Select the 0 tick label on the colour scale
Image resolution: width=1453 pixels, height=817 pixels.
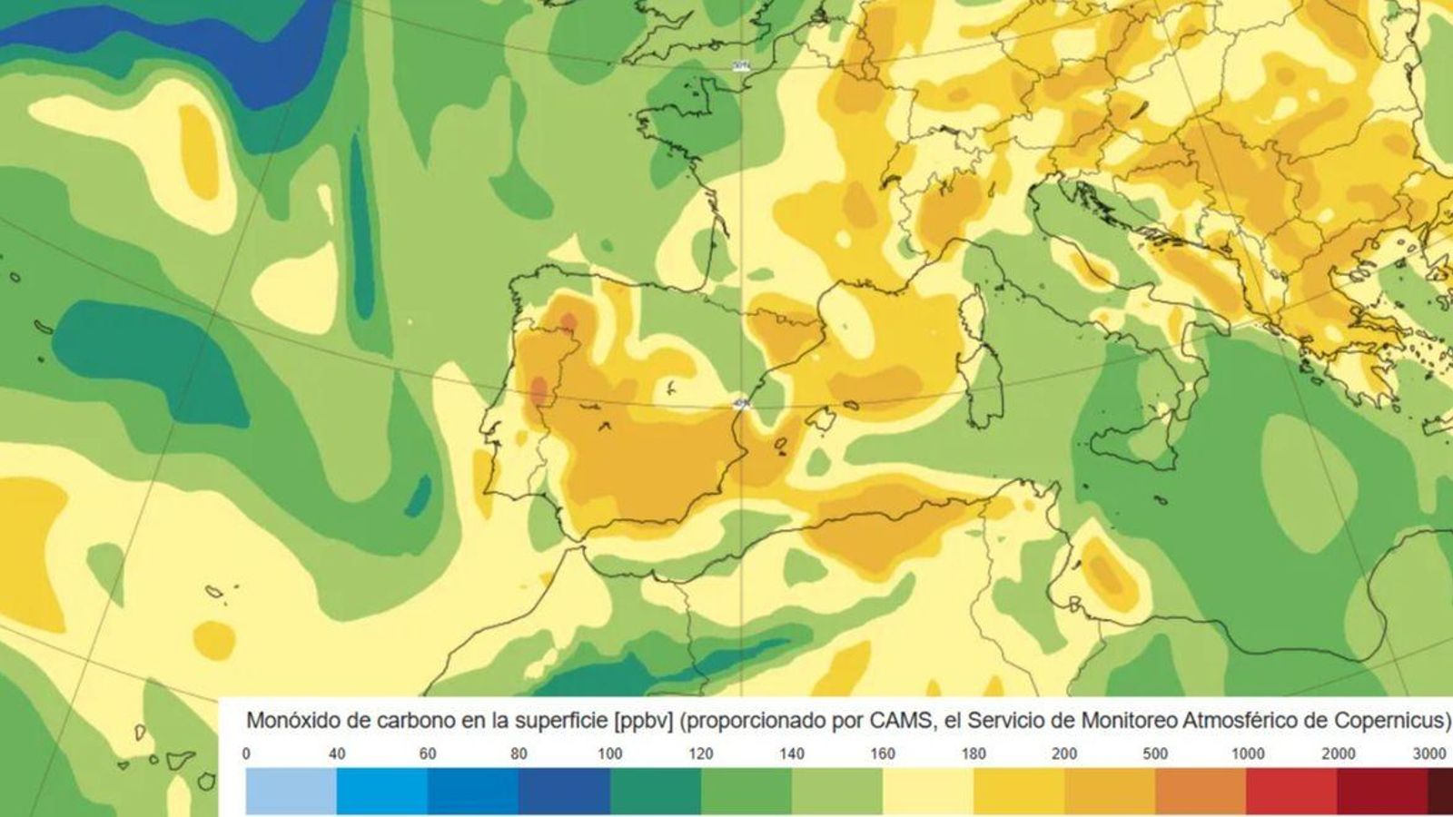pyautogui.click(x=246, y=753)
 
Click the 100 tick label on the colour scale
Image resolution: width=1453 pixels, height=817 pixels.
pyautogui.click(x=610, y=753)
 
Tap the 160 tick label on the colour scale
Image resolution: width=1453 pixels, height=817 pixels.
pyautogui.click(x=883, y=753)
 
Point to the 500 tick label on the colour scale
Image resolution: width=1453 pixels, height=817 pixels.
pyautogui.click(x=1156, y=753)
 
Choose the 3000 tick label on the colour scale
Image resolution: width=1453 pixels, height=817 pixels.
pyautogui.click(x=1429, y=753)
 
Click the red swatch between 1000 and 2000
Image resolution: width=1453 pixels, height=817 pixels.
pyautogui.click(x=1291, y=792)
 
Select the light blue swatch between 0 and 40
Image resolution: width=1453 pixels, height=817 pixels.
pyautogui.click(x=291, y=792)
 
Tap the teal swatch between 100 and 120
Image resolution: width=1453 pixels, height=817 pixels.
pyautogui.click(x=655, y=792)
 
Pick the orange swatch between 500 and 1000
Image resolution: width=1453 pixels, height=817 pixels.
pyautogui.click(x=1201, y=792)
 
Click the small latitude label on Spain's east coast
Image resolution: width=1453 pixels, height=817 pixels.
pyautogui.click(x=740, y=405)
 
